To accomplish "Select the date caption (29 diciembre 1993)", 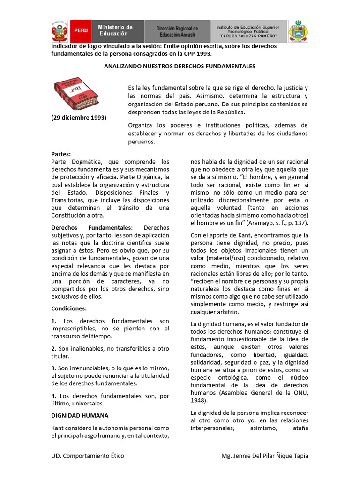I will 78,117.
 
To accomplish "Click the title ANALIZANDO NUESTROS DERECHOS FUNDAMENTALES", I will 180,67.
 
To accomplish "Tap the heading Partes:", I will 60,153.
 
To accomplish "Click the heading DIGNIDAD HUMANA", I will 80,415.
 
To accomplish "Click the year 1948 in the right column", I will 199,401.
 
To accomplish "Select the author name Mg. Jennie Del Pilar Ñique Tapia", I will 264,456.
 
